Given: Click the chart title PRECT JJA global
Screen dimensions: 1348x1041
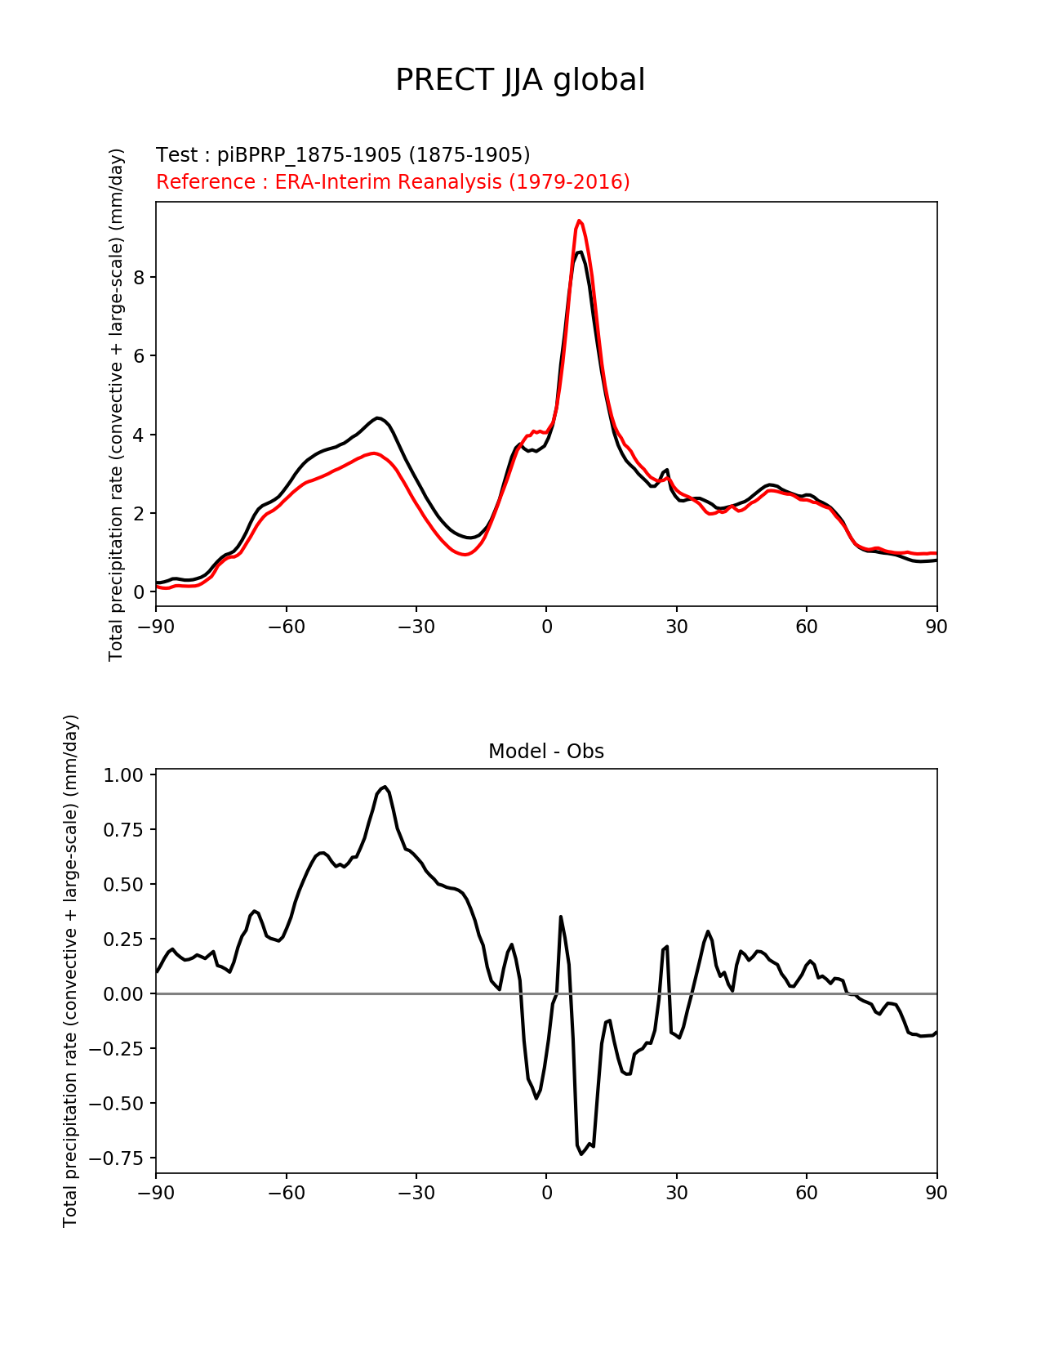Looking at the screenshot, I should (x=520, y=80).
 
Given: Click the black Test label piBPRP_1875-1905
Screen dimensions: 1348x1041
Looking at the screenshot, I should (x=343, y=154).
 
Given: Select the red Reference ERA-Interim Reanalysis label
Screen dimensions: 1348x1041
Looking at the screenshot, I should (x=393, y=181).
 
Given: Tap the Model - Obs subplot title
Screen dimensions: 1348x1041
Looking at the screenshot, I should (x=545, y=752).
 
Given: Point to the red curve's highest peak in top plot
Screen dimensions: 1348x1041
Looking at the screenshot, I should (x=579, y=221).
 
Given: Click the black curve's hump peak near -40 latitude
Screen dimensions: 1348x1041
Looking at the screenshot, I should (x=377, y=417).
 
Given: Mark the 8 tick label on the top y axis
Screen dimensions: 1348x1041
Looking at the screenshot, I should (x=139, y=278).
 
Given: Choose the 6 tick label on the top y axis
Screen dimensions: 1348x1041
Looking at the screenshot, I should (x=139, y=356).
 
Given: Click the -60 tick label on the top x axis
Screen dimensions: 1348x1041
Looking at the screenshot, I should (x=286, y=627).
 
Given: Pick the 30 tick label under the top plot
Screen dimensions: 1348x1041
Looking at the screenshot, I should (x=676, y=627).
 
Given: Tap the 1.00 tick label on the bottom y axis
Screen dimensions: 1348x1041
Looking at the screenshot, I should (x=123, y=775).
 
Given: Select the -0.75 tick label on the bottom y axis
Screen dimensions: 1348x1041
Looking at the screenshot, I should (x=119, y=1158).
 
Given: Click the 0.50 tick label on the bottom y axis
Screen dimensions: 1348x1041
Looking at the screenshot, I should (x=123, y=885).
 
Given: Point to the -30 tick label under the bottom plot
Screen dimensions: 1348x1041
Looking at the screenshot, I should (x=416, y=1193).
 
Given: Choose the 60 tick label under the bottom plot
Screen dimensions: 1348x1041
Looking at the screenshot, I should (x=806, y=1193).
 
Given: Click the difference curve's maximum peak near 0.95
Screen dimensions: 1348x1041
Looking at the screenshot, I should (x=385, y=787).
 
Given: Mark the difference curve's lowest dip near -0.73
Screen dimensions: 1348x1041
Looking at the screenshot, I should (x=581, y=1154).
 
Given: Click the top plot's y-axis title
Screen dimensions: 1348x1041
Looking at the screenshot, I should (x=117, y=404).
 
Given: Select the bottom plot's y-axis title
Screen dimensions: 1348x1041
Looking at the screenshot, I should (x=71, y=971).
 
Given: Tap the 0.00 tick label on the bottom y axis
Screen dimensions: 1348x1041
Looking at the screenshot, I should (x=123, y=994).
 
